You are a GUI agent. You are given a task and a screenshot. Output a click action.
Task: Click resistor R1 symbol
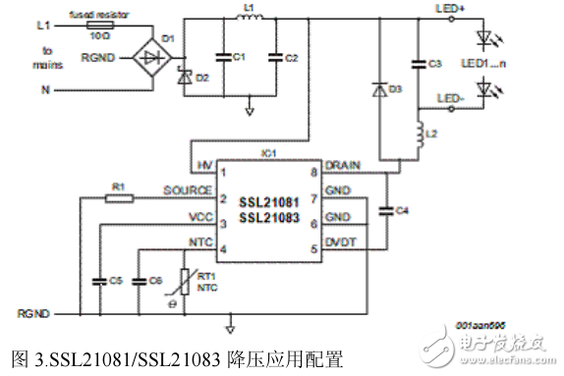pyautogui.click(x=118, y=197)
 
